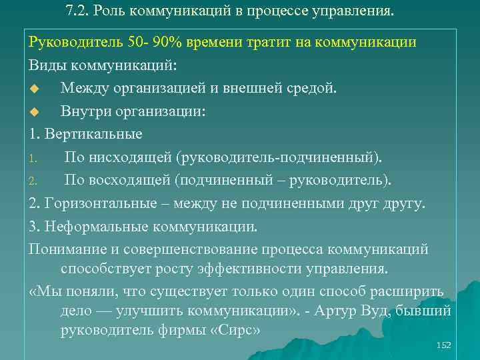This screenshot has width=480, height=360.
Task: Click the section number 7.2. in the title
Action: click(x=81, y=11)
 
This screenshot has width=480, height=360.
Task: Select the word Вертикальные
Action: click(x=93, y=134)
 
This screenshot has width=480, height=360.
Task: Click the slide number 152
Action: click(x=443, y=345)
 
